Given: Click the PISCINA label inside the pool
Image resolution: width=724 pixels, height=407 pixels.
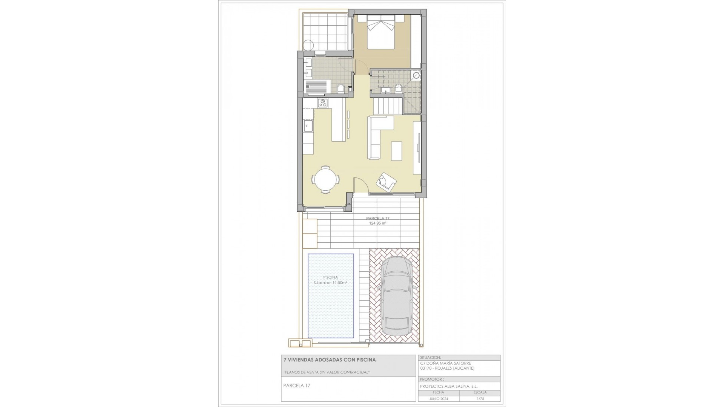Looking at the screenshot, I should [331, 277].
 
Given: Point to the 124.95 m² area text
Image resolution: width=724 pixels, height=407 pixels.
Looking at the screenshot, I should [377, 223].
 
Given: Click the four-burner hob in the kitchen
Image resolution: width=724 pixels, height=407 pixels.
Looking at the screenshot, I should [59, 103].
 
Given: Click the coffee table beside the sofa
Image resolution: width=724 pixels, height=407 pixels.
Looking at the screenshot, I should [396, 151].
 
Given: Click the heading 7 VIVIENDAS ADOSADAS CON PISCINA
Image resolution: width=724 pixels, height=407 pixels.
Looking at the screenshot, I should [329, 360].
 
